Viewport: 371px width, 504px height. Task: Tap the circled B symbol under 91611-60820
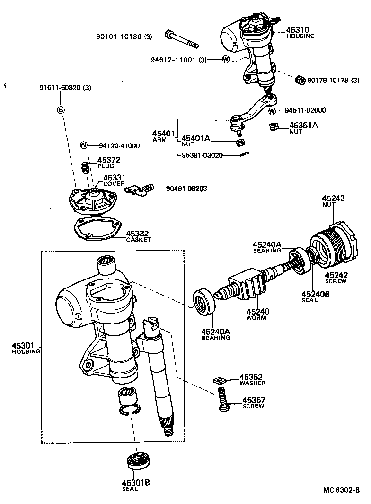point(61,109)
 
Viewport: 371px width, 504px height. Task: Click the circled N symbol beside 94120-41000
point(84,145)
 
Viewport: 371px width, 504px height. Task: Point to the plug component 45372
point(86,168)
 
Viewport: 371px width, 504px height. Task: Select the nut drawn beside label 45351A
point(273,126)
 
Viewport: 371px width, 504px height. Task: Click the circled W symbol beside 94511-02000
point(273,111)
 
